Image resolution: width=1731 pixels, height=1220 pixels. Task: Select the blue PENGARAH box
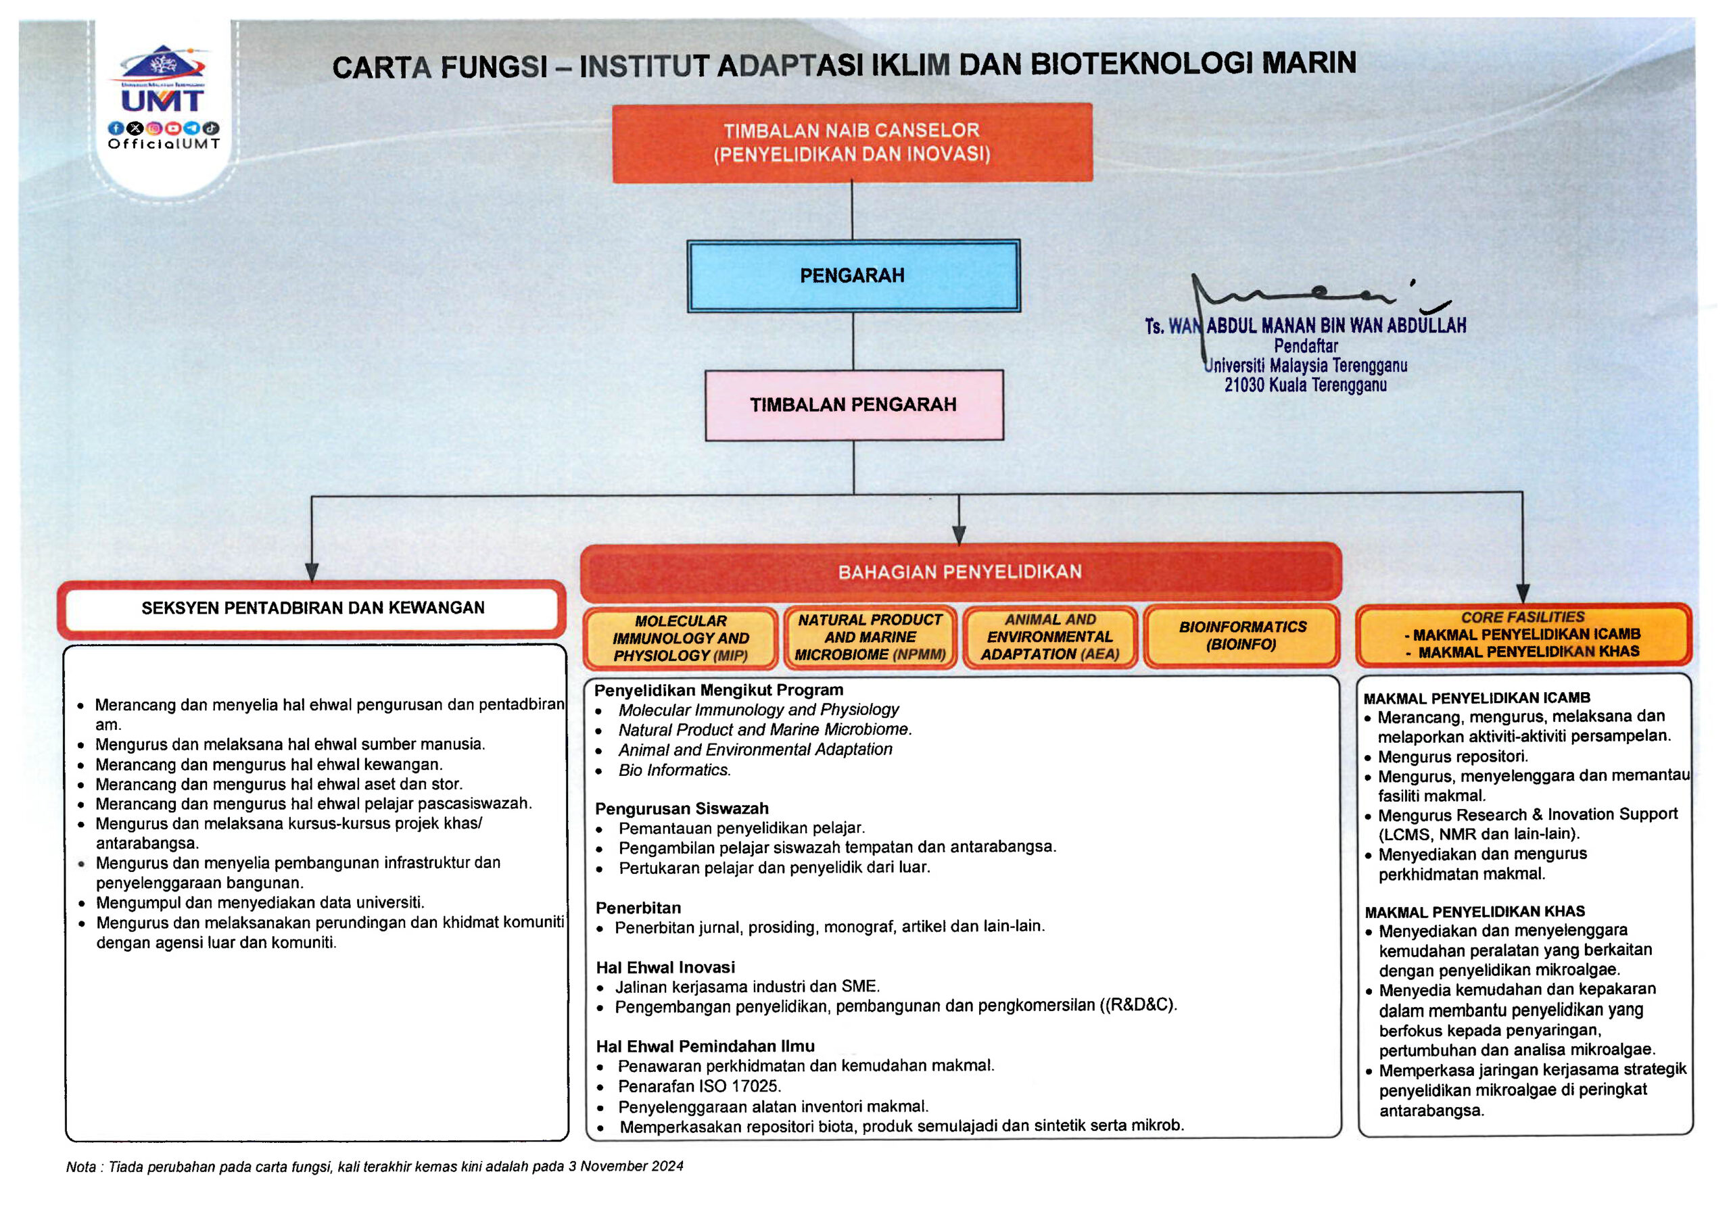point(853,276)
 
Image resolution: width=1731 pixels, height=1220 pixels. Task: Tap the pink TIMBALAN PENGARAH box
point(853,405)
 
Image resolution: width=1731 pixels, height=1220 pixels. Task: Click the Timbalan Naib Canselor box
point(852,143)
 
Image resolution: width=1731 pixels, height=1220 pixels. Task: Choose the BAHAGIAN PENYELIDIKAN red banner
point(959,572)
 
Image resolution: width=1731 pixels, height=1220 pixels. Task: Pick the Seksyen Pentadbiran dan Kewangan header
point(312,608)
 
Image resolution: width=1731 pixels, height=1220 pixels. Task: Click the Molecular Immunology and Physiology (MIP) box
point(680,638)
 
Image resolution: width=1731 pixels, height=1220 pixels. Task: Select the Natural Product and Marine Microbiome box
point(870,637)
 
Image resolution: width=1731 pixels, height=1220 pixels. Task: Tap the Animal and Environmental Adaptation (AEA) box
point(1050,637)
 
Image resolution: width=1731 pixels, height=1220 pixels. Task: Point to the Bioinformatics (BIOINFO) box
point(1241,636)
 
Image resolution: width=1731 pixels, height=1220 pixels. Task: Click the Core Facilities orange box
point(1522,635)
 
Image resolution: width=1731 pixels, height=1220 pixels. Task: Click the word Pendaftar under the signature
point(1306,346)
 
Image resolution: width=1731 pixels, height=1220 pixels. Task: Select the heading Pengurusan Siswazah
point(682,808)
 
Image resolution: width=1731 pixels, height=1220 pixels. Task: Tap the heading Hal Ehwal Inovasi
point(665,968)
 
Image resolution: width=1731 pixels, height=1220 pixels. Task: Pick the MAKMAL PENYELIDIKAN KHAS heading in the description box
point(1475,912)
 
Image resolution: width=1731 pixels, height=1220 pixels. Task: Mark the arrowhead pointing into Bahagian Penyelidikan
point(959,535)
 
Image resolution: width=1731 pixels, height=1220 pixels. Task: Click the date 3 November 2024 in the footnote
point(625,1166)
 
